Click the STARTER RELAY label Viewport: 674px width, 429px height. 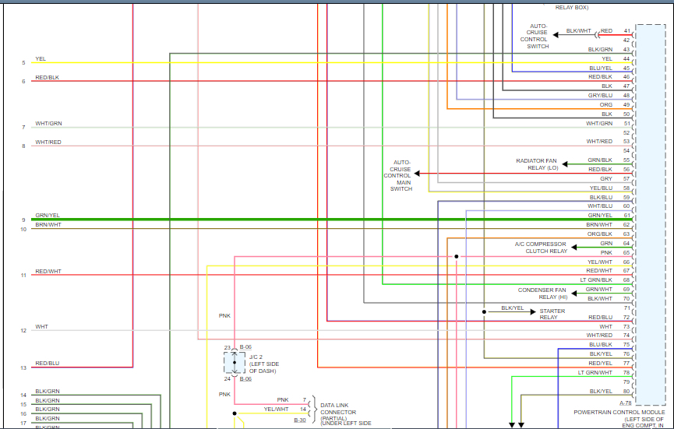(x=552, y=314)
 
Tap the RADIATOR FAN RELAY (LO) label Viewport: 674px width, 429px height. (x=538, y=164)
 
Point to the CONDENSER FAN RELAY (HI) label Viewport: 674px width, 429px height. (x=543, y=293)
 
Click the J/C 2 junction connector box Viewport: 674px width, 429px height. (x=234, y=363)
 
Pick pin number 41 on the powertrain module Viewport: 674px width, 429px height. (x=626, y=31)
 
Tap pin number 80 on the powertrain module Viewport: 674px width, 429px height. (x=626, y=391)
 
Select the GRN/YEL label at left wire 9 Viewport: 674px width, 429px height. (x=48, y=216)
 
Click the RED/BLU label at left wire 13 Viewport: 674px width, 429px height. (x=48, y=364)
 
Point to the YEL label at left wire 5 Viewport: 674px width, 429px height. (x=41, y=58)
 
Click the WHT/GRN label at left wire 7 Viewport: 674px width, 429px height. (x=48, y=124)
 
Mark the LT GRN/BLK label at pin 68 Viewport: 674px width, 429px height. (x=595, y=280)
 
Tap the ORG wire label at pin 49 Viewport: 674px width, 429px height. (x=605, y=104)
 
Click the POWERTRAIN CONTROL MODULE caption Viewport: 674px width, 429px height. (x=619, y=412)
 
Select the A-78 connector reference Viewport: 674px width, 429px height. (x=626, y=403)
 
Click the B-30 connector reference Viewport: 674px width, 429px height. (x=299, y=420)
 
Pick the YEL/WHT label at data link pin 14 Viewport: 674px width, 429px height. (x=276, y=409)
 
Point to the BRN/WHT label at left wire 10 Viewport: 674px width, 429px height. (x=48, y=225)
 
